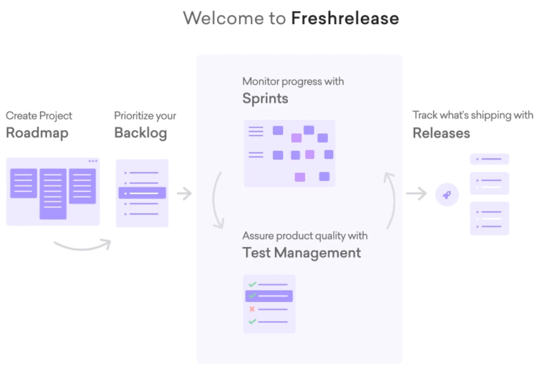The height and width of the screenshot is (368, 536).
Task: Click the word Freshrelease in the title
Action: pos(345,18)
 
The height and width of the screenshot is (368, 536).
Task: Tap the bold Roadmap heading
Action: pos(37,133)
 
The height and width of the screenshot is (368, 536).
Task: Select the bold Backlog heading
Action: pos(140,133)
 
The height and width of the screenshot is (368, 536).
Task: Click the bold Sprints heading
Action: pos(265,98)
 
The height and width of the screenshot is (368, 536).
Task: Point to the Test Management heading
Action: pos(301,253)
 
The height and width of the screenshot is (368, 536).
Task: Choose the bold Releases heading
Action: pos(441,133)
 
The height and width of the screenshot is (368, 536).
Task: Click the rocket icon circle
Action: pos(447,195)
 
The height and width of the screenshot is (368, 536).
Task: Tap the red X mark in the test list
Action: pos(252,309)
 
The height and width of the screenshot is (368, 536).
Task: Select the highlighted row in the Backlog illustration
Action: pos(142,193)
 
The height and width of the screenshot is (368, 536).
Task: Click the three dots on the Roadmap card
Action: pos(92,161)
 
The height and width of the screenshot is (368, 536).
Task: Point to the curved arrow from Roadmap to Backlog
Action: pos(82,245)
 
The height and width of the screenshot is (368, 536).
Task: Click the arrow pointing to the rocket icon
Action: pos(417,194)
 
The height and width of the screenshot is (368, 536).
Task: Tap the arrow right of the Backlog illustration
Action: pos(184,194)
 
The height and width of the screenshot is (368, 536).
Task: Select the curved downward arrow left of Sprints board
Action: pos(217,201)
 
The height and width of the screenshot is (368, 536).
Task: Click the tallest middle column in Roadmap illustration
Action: pos(53,194)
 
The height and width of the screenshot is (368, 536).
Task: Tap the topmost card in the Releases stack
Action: pos(489,159)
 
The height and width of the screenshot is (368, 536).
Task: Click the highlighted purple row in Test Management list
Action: pos(269,296)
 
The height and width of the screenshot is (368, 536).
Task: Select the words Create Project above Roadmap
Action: pos(39,116)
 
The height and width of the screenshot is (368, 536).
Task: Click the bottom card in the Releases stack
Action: pos(489,218)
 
